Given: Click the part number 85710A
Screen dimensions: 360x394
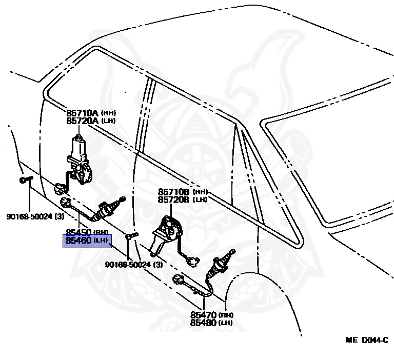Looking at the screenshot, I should coord(82,113).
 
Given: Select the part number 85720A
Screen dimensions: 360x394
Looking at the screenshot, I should coord(82,121).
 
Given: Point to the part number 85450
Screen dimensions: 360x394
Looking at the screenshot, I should coord(78,232).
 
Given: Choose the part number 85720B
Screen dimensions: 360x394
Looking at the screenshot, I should coord(174,199).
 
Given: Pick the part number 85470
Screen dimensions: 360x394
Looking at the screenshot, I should coord(204,315).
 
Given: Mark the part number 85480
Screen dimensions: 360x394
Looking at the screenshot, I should coord(204,323).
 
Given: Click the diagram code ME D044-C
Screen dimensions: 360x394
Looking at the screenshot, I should coord(366,341).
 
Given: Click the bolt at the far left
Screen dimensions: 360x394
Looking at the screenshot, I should coord(26,179).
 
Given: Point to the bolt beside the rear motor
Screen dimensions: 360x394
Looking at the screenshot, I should coord(131,236).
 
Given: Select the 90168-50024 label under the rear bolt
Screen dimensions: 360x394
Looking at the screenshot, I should coord(133,265).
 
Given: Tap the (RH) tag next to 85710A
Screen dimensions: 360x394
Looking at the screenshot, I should coord(108,113).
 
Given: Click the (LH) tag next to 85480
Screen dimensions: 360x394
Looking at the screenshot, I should coord(226,323).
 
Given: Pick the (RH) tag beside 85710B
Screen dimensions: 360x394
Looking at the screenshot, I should coord(200,192).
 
